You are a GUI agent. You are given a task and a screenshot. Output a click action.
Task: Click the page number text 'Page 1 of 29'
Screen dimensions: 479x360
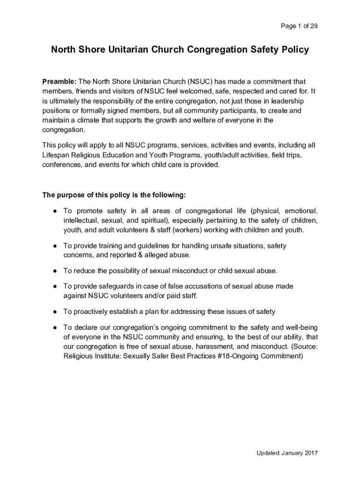(299, 26)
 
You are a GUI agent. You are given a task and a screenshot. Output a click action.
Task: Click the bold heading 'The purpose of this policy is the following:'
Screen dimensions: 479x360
(114, 195)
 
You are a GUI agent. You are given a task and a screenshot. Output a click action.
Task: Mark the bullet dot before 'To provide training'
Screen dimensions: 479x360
(55, 246)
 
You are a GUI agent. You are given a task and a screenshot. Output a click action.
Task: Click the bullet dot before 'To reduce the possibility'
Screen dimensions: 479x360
(55, 271)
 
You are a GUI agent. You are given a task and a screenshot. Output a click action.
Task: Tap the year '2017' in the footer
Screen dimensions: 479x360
(310, 453)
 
